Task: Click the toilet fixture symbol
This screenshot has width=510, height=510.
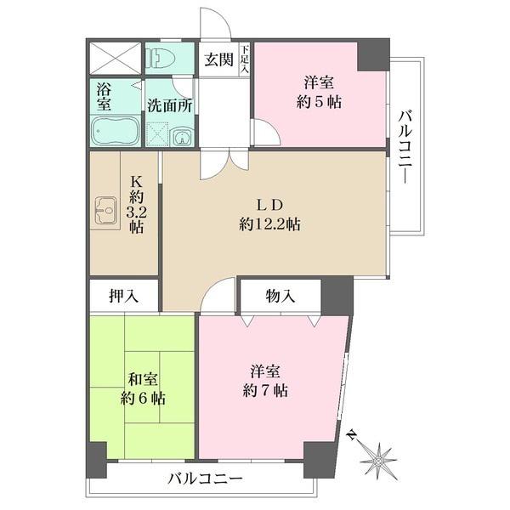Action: point(161,58)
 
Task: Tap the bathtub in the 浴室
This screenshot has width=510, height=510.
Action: point(116,132)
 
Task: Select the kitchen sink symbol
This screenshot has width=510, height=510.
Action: point(106,211)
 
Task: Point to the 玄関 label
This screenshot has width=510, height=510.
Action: point(218,59)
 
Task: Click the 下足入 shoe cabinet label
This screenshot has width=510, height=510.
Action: point(245,59)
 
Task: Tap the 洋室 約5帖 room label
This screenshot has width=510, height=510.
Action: point(319,92)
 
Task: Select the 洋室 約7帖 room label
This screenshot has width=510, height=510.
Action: point(265,381)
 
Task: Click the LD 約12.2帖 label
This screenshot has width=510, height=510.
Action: point(269,214)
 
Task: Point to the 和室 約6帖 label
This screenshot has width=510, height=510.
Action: point(143,388)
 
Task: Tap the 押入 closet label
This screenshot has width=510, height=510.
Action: point(123,296)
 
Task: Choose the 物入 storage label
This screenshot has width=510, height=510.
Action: point(280,296)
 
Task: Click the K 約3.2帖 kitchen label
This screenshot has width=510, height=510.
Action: point(136,205)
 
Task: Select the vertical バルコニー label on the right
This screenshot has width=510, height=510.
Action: point(405,147)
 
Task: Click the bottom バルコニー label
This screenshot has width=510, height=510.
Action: point(205,479)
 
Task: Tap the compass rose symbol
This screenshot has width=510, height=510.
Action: point(379,461)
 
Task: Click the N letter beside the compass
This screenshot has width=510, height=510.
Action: point(351,433)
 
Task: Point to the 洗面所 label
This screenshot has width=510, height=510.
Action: point(169,105)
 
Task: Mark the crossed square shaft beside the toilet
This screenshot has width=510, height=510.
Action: point(115,59)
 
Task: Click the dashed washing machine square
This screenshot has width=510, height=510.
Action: point(158,133)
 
